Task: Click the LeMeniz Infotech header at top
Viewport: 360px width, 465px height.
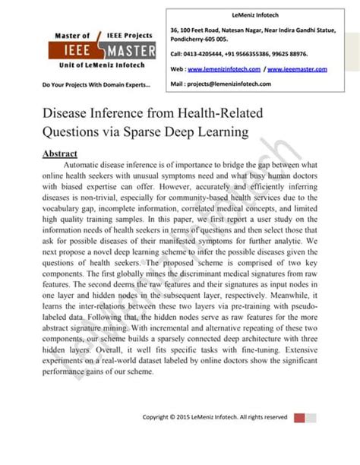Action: tap(242, 14)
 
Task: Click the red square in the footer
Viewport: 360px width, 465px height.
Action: tap(298, 417)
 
